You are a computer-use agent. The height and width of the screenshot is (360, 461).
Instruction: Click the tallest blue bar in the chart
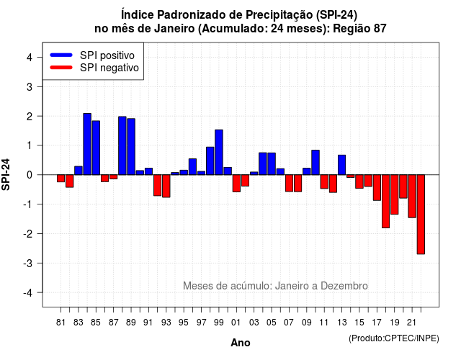click(87, 144)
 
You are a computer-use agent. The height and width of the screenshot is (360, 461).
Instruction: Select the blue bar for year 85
click(96, 148)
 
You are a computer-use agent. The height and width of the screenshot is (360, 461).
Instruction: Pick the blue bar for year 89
click(131, 147)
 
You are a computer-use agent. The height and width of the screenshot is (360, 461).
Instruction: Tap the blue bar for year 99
click(219, 152)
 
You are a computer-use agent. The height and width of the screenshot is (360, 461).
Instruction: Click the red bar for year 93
click(166, 186)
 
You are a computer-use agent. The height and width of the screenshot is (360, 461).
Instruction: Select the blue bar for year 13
click(341, 165)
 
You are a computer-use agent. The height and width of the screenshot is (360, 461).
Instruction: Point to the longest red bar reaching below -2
click(421, 215)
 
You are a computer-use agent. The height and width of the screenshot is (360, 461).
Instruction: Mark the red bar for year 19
click(395, 194)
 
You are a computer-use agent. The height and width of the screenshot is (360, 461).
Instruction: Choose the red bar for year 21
click(412, 197)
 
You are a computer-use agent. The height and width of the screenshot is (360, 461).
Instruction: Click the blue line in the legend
click(61, 55)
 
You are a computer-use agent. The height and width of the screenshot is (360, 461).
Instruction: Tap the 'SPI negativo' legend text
click(109, 68)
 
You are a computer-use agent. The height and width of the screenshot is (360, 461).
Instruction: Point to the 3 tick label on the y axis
click(30, 86)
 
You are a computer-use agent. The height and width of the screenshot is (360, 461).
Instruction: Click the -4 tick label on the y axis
click(28, 293)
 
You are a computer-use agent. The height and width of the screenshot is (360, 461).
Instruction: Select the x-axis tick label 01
click(236, 323)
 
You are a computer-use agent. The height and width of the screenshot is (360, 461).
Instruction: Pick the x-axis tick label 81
click(61, 323)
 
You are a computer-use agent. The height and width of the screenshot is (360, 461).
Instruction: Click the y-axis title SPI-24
click(6, 174)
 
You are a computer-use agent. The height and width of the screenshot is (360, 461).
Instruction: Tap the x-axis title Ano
click(241, 343)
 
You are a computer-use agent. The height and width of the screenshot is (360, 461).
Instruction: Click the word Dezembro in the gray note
click(344, 286)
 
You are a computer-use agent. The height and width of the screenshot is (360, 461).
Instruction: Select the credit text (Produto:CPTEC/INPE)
click(394, 338)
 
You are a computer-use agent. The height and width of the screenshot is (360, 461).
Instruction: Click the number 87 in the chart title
click(380, 29)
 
